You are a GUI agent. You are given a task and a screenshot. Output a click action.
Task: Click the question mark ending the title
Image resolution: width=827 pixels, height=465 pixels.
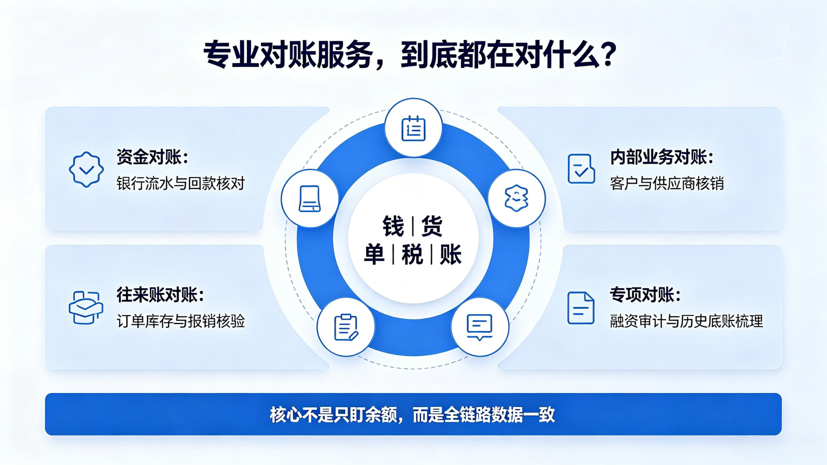(x=609, y=54)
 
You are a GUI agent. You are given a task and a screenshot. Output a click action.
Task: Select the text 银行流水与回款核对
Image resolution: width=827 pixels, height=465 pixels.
(x=180, y=183)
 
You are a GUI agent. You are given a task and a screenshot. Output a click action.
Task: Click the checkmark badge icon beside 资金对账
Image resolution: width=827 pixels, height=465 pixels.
(x=86, y=169)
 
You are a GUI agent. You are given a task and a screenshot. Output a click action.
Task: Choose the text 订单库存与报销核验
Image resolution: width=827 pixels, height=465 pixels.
(x=180, y=321)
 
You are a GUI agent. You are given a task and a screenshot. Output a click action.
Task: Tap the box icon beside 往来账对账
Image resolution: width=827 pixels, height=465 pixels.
(x=86, y=307)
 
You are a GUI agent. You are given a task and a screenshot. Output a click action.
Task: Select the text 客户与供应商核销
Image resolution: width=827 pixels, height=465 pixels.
(x=667, y=183)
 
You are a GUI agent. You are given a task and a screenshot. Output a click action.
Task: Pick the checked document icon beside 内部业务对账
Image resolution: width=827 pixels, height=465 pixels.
(x=581, y=169)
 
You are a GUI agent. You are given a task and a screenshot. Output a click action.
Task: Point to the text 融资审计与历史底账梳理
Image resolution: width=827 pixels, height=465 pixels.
(x=687, y=321)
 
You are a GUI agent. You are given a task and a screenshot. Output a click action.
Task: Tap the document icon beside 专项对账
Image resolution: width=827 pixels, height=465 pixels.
(x=581, y=308)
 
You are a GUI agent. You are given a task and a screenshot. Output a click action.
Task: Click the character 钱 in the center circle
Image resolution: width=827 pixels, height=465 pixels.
(x=393, y=226)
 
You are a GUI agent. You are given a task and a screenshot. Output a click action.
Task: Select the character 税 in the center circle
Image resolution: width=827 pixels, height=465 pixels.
(x=412, y=254)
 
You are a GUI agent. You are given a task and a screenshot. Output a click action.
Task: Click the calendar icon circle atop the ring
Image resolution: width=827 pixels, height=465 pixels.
(x=413, y=128)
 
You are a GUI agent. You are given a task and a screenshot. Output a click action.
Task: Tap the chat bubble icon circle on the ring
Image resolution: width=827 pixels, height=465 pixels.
(x=480, y=327)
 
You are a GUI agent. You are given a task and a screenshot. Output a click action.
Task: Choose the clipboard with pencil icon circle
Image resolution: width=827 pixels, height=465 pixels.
(x=346, y=327)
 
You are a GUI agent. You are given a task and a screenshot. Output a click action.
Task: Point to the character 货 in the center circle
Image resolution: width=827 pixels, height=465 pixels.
(x=432, y=226)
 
